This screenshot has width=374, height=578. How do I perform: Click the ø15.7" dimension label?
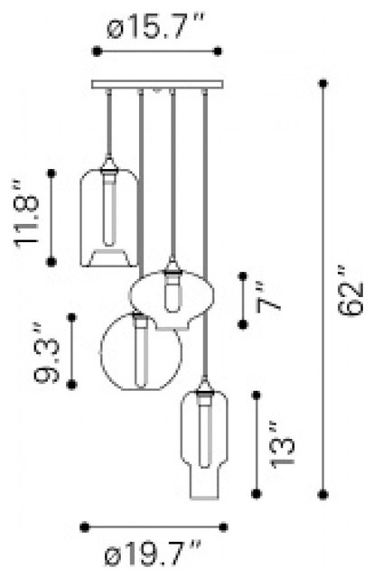point(155,25)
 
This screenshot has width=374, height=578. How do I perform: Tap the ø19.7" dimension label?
point(153,553)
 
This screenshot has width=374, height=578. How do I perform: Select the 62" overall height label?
point(351,291)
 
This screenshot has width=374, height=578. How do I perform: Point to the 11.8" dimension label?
point(27,214)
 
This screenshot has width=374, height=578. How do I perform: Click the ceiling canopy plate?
point(157,84)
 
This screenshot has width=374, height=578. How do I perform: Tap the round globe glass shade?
point(141,351)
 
